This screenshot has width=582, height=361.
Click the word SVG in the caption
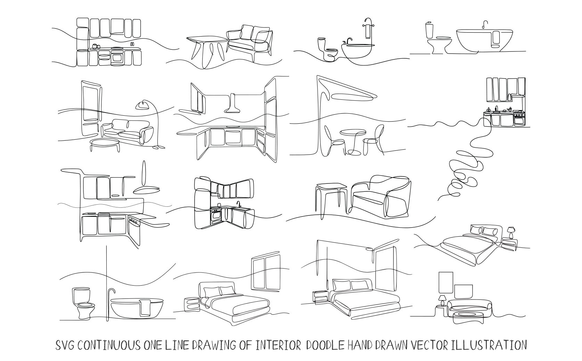[x=65, y=345]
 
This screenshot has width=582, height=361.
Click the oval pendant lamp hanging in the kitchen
[x=146, y=190]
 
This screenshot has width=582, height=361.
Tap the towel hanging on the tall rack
[x=368, y=31]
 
